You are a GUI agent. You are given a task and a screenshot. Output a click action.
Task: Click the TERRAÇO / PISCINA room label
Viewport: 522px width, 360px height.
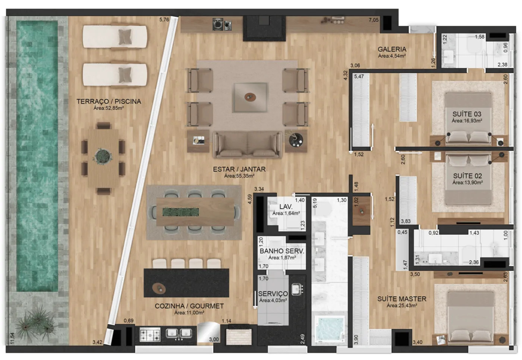[109, 101]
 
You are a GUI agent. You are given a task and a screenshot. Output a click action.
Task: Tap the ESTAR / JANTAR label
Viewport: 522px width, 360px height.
[239, 169]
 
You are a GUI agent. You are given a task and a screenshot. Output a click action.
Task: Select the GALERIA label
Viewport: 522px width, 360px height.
[392, 49]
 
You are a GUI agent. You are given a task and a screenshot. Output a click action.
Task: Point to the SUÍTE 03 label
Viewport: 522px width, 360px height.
[467, 114]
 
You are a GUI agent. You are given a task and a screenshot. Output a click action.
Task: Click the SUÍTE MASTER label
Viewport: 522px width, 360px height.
[402, 299]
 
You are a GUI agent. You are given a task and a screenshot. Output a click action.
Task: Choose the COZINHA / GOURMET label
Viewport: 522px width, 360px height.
[189, 306]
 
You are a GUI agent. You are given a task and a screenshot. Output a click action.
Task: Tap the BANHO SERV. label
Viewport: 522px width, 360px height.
[282, 251]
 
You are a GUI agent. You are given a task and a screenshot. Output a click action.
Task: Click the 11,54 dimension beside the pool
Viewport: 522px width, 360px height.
[12, 338]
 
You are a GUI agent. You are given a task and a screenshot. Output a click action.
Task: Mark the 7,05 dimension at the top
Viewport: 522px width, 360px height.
[374, 20]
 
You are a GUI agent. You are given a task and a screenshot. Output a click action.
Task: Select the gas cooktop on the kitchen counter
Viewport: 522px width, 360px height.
[150, 335]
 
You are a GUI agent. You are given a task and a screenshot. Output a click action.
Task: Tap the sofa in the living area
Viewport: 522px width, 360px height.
[248, 144]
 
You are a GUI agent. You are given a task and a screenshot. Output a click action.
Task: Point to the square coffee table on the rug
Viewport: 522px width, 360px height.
[251, 97]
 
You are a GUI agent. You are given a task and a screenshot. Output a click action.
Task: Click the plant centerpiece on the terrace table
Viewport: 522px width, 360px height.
[102, 156]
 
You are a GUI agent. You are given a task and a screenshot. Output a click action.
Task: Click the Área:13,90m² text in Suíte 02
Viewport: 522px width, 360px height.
[467, 183]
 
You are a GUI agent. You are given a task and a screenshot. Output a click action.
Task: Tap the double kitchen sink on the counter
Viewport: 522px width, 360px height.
[179, 334]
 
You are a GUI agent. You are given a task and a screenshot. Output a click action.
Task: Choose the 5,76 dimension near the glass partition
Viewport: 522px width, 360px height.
[164, 20]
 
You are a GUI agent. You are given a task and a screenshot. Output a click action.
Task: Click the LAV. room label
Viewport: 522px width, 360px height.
[286, 207]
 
